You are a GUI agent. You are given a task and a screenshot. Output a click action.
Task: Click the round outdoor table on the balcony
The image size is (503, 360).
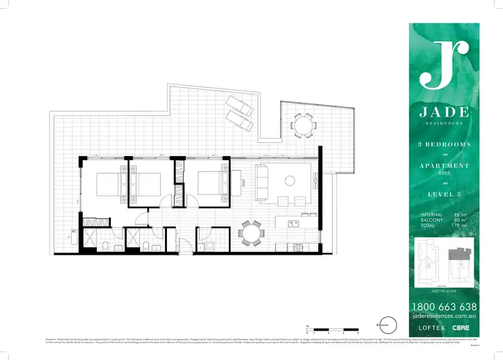pos(302,125)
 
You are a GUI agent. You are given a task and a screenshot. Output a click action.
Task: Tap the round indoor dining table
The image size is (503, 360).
pos(252,232)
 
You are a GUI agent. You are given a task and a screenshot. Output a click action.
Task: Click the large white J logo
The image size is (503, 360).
pos(443,64)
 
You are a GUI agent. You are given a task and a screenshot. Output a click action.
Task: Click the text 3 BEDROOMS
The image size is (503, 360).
pos(443,144)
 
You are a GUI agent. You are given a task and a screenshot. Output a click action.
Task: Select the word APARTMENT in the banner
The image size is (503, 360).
pos(443,166)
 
